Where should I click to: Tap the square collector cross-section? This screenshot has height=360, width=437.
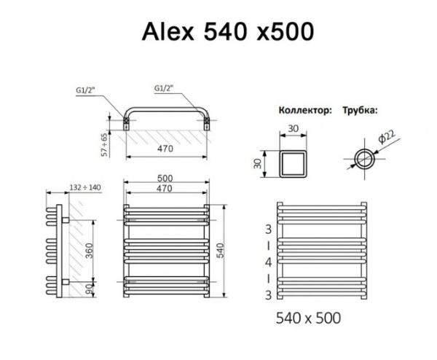[x=295, y=163]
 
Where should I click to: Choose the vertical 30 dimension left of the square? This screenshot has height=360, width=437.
[x=258, y=163]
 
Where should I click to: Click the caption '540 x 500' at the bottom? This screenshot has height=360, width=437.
[x=310, y=318]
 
